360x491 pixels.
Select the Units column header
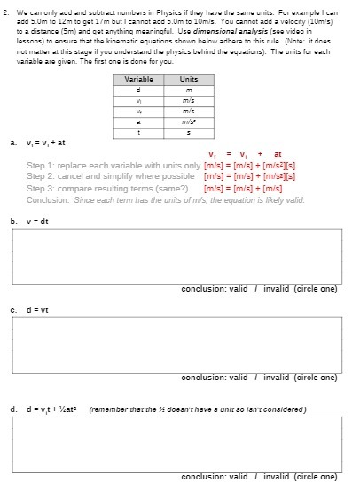coord(188,79)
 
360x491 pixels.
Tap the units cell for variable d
coord(188,89)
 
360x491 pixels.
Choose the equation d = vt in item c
coord(39,309)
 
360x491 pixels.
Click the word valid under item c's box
coord(239,377)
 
